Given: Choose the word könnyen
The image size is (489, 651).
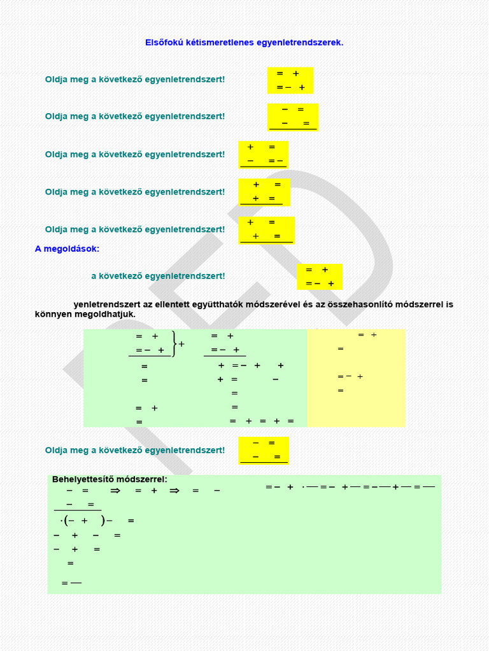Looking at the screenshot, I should (x=53, y=314).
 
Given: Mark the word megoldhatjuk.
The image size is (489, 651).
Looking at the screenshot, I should (x=110, y=314).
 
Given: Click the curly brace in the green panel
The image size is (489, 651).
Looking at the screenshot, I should (x=174, y=344).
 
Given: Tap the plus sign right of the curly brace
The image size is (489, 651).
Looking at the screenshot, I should (x=182, y=344).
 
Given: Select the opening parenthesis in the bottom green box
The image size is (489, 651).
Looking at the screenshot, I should (x=66, y=521).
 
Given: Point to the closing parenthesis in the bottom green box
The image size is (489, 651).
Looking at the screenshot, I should (x=102, y=521).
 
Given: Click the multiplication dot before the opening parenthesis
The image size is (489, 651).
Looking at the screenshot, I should (x=61, y=521).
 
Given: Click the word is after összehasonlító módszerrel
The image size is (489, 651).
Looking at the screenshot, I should (x=449, y=305).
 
